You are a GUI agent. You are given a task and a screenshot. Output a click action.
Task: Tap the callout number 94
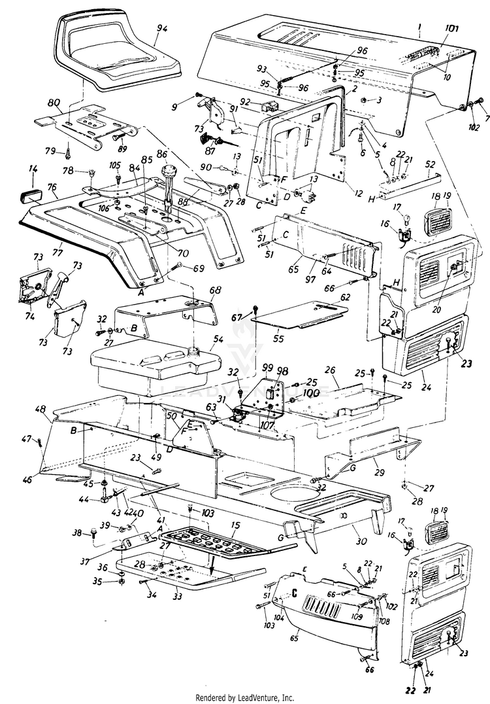163,28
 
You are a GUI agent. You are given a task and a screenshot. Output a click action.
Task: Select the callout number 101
451,29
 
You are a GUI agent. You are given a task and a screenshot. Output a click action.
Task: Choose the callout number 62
344,296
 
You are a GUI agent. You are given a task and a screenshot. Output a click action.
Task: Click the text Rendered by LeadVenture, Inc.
245,697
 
